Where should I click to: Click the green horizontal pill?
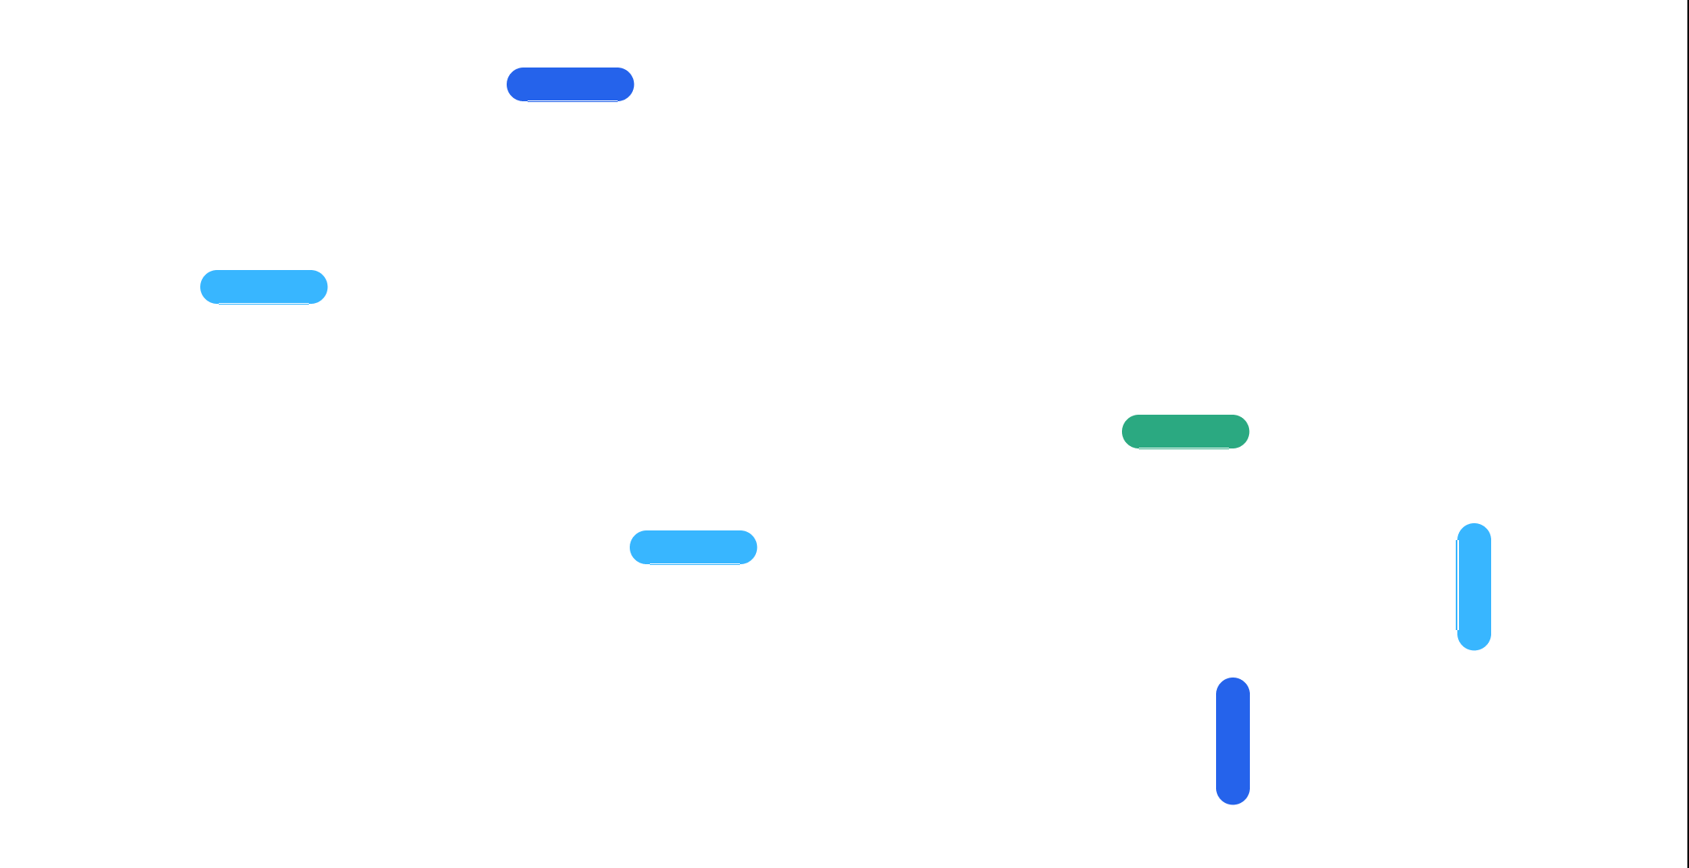(1186, 432)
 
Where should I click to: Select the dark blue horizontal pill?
(570, 84)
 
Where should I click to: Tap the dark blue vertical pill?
(1232, 741)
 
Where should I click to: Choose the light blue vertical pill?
(1473, 587)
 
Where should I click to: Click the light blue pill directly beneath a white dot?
(693, 547)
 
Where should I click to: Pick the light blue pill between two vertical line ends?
(264, 287)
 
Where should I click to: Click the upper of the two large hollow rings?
(781, 345)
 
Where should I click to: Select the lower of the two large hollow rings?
(964, 528)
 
